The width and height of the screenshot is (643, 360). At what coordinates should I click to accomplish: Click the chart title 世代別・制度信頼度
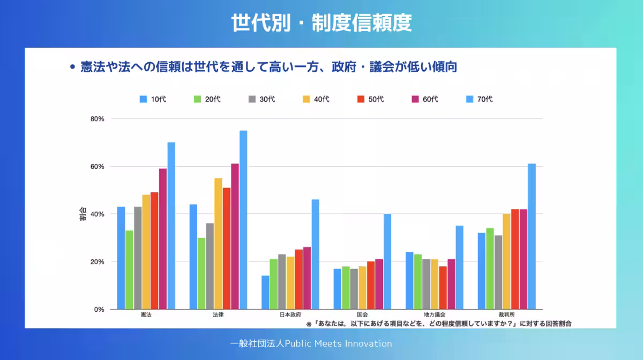pyautogui.click(x=322, y=24)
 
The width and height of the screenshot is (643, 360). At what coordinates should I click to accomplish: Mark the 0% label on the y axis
pyautogui.click(x=99, y=309)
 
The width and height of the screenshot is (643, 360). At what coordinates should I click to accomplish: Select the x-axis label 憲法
pyautogui.click(x=146, y=315)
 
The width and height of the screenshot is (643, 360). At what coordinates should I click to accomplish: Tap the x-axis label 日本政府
pyautogui.click(x=290, y=315)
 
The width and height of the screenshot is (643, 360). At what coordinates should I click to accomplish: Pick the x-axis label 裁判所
pyautogui.click(x=506, y=315)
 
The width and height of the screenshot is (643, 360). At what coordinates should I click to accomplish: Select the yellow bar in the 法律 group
pyautogui.click(x=218, y=243)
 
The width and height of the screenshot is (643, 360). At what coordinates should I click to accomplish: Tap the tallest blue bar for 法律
pyautogui.click(x=243, y=220)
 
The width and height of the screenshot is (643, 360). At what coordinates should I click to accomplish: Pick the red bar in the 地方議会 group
pyautogui.click(x=443, y=288)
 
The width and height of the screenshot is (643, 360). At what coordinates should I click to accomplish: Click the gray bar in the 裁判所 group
pyautogui.click(x=498, y=272)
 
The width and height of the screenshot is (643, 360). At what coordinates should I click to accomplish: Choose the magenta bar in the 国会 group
pyautogui.click(x=379, y=284)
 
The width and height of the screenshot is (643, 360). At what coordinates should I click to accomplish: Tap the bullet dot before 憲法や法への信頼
pyautogui.click(x=72, y=67)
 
